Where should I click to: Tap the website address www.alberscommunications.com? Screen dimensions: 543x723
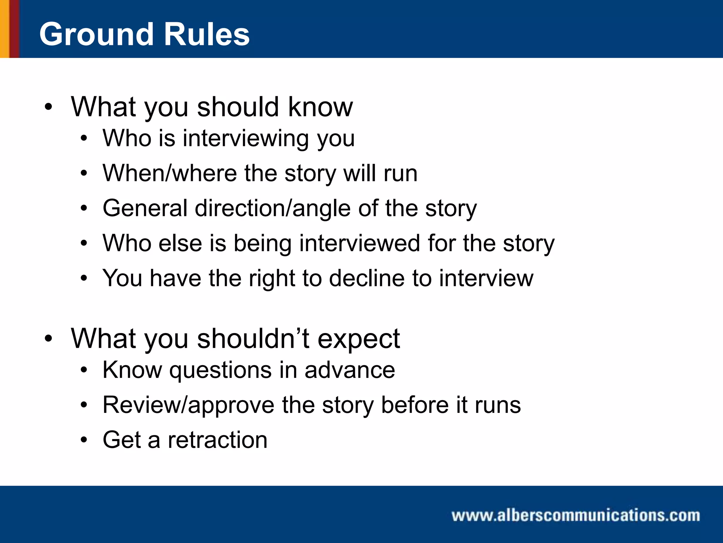tap(575, 515)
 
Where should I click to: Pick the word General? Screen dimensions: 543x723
tap(145, 208)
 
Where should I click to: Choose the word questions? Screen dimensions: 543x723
tap(221, 370)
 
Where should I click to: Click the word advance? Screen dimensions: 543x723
tap(349, 370)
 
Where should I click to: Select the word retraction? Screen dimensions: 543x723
tap(217, 440)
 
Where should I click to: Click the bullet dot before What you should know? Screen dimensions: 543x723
tap(48, 107)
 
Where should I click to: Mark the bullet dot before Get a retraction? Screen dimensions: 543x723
tap(83, 440)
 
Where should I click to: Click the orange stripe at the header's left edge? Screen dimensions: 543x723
tap(4, 29)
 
